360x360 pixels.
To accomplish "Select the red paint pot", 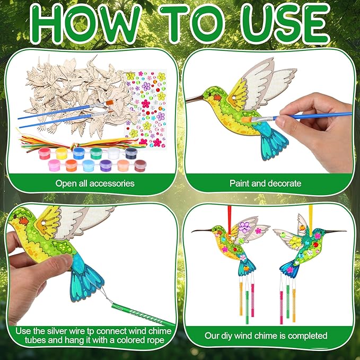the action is click(x=45, y=153).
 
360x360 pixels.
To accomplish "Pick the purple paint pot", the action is click(x=106, y=165).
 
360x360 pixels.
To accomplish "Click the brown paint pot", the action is click(x=141, y=165).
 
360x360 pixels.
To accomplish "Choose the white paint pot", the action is click(x=114, y=153).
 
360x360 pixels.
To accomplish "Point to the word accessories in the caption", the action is click(x=112, y=183).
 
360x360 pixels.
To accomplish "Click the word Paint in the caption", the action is click(x=239, y=183).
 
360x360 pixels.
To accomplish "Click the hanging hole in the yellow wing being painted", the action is click(x=234, y=98).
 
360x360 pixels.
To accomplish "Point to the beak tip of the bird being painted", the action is click(x=187, y=101).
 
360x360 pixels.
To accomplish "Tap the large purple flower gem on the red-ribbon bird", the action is click(x=245, y=227).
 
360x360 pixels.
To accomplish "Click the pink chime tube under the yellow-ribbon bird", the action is click(x=282, y=308).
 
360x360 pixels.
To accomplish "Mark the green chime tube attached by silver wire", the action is click(x=142, y=314).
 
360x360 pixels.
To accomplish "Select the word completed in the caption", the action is click(x=308, y=336).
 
